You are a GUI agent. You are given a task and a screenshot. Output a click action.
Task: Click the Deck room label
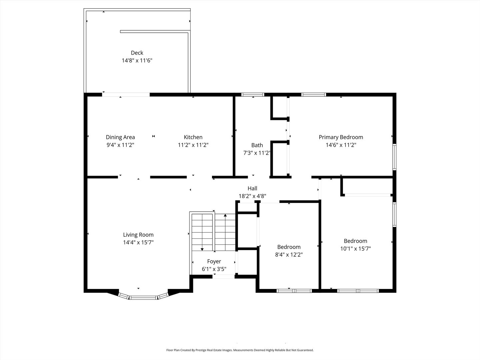point(137,53)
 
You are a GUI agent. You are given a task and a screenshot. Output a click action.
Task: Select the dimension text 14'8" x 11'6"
point(137,61)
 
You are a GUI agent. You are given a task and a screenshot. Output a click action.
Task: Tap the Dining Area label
point(120,137)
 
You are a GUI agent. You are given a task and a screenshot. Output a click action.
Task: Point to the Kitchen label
point(193,137)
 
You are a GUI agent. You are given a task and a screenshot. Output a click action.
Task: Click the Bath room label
point(257,145)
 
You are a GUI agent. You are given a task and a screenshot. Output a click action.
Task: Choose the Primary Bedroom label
point(341,137)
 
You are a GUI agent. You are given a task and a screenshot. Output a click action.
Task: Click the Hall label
point(252,188)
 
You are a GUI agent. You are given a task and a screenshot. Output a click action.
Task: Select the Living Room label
point(138,235)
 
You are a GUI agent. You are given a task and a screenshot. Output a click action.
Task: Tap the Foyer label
point(214,261)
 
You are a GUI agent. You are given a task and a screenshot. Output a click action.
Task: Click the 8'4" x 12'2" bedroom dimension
point(289,255)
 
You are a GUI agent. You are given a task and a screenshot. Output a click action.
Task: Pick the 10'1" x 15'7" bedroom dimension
point(355,249)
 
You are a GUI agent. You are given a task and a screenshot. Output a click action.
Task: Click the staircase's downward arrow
point(202,249)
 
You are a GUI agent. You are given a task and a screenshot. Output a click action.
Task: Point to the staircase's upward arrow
point(225,216)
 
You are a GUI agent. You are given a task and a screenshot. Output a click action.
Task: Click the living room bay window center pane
point(143,297)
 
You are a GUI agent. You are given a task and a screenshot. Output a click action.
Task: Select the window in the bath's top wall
point(253,95)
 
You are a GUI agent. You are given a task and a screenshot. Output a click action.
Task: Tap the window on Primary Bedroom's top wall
point(313,95)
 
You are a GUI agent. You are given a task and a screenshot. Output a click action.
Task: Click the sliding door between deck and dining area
point(126,95)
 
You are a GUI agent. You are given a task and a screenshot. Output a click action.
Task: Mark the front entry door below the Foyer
point(224,276)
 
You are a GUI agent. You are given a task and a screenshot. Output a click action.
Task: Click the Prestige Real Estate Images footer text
point(240,350)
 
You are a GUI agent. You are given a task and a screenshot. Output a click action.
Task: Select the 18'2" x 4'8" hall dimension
point(252,196)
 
